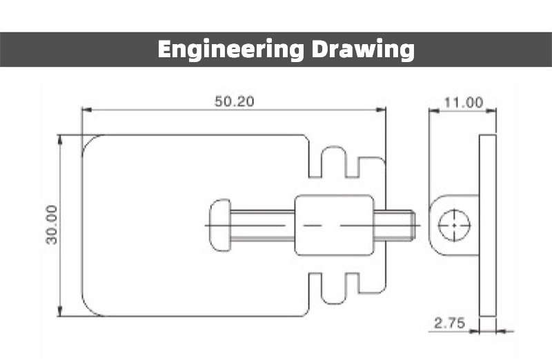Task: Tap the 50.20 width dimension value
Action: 235,101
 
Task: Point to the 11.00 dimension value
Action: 463,103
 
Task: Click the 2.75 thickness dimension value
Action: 450,322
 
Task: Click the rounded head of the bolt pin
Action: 219,226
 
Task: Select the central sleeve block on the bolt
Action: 334,226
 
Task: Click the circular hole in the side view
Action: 455,226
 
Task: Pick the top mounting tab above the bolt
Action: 333,161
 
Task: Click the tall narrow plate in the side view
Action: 487,225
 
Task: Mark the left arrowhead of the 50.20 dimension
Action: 86,110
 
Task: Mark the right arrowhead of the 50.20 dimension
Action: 382,110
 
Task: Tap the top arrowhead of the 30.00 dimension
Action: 61,139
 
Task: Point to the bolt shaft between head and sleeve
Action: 262,226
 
